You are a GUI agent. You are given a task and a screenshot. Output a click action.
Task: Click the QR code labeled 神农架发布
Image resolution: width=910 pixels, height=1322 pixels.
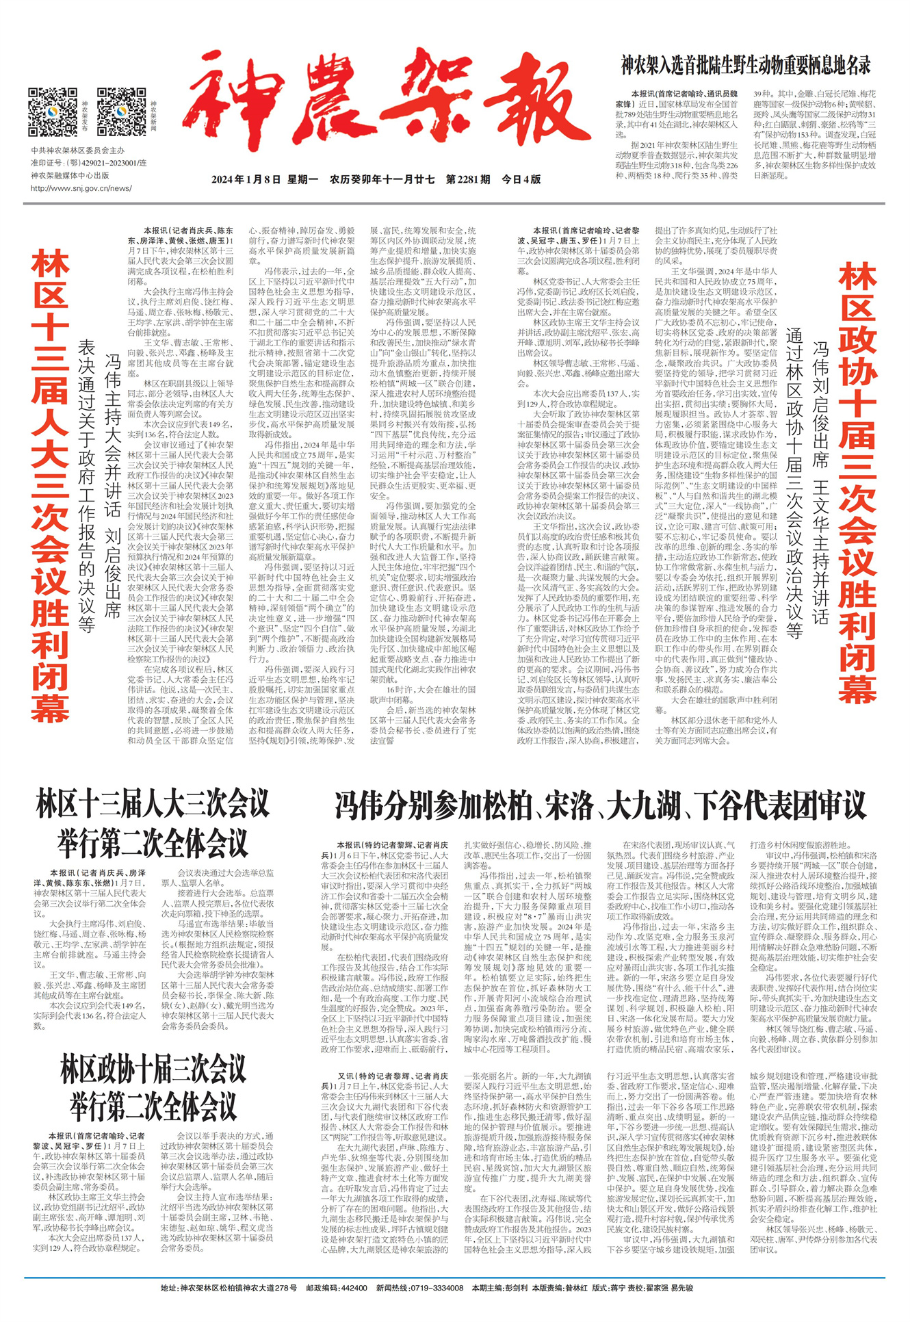pyautogui.click(x=53, y=112)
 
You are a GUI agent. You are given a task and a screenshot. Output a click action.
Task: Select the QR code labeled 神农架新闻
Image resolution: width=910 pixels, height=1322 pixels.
pyautogui.click(x=121, y=112)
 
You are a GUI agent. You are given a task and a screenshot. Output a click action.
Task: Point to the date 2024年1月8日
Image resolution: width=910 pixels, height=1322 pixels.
pyautogui.click(x=246, y=179)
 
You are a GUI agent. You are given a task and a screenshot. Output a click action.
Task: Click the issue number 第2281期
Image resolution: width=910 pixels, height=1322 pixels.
pyautogui.click(x=468, y=179)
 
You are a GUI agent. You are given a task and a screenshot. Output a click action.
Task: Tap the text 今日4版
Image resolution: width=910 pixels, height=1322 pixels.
pyautogui.click(x=521, y=179)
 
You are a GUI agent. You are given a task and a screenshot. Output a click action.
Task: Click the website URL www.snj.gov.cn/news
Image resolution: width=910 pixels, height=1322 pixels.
pyautogui.click(x=81, y=188)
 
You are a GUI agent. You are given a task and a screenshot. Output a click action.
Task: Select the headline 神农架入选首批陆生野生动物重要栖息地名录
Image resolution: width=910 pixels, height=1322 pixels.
pyautogui.click(x=746, y=66)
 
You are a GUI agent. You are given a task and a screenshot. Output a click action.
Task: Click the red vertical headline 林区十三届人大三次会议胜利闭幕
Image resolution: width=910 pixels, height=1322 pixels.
pyautogui.click(x=49, y=486)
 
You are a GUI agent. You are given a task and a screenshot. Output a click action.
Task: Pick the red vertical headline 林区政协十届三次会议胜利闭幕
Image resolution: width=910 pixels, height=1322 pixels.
pyautogui.click(x=858, y=486)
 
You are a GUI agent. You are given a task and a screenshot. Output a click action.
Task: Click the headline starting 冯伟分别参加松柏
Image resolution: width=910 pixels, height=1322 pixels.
pyautogui.click(x=601, y=805)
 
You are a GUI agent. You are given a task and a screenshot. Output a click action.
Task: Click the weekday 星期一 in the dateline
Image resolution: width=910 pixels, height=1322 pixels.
pyautogui.click(x=302, y=179)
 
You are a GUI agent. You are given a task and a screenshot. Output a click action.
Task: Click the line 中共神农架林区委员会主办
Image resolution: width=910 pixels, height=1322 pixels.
pyautogui.click(x=77, y=150)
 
